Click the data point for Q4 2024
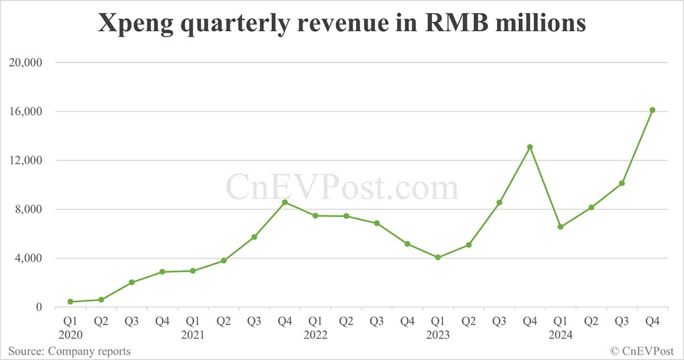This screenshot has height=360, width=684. click(x=652, y=110)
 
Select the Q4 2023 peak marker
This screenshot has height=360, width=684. click(x=530, y=147)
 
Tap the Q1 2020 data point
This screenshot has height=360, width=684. click(x=70, y=301)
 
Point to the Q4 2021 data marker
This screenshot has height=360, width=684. click(x=284, y=202)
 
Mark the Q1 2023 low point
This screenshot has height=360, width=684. click(x=438, y=257)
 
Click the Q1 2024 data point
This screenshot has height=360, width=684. click(x=560, y=227)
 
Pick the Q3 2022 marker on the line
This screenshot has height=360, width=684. click(x=376, y=223)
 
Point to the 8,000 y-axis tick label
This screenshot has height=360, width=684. click(x=29, y=209)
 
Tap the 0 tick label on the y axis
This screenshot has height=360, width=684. click(x=39, y=307)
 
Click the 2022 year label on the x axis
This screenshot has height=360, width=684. click(x=315, y=336)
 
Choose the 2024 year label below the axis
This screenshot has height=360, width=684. click(x=560, y=336)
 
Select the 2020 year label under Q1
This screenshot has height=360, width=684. click(x=70, y=336)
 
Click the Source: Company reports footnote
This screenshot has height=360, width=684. click(x=69, y=351)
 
